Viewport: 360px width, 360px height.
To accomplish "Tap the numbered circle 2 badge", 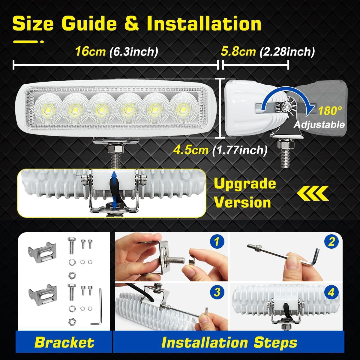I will point(331,241).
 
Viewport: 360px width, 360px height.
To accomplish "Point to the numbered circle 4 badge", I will point(331,292).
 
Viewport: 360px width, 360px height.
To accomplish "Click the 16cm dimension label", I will point(90,52).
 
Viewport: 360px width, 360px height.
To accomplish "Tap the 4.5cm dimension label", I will point(191,150).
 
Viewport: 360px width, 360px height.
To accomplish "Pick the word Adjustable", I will point(319,124).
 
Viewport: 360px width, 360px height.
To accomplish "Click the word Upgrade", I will point(245,183).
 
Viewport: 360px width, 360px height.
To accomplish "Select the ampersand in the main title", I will point(132,24).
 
